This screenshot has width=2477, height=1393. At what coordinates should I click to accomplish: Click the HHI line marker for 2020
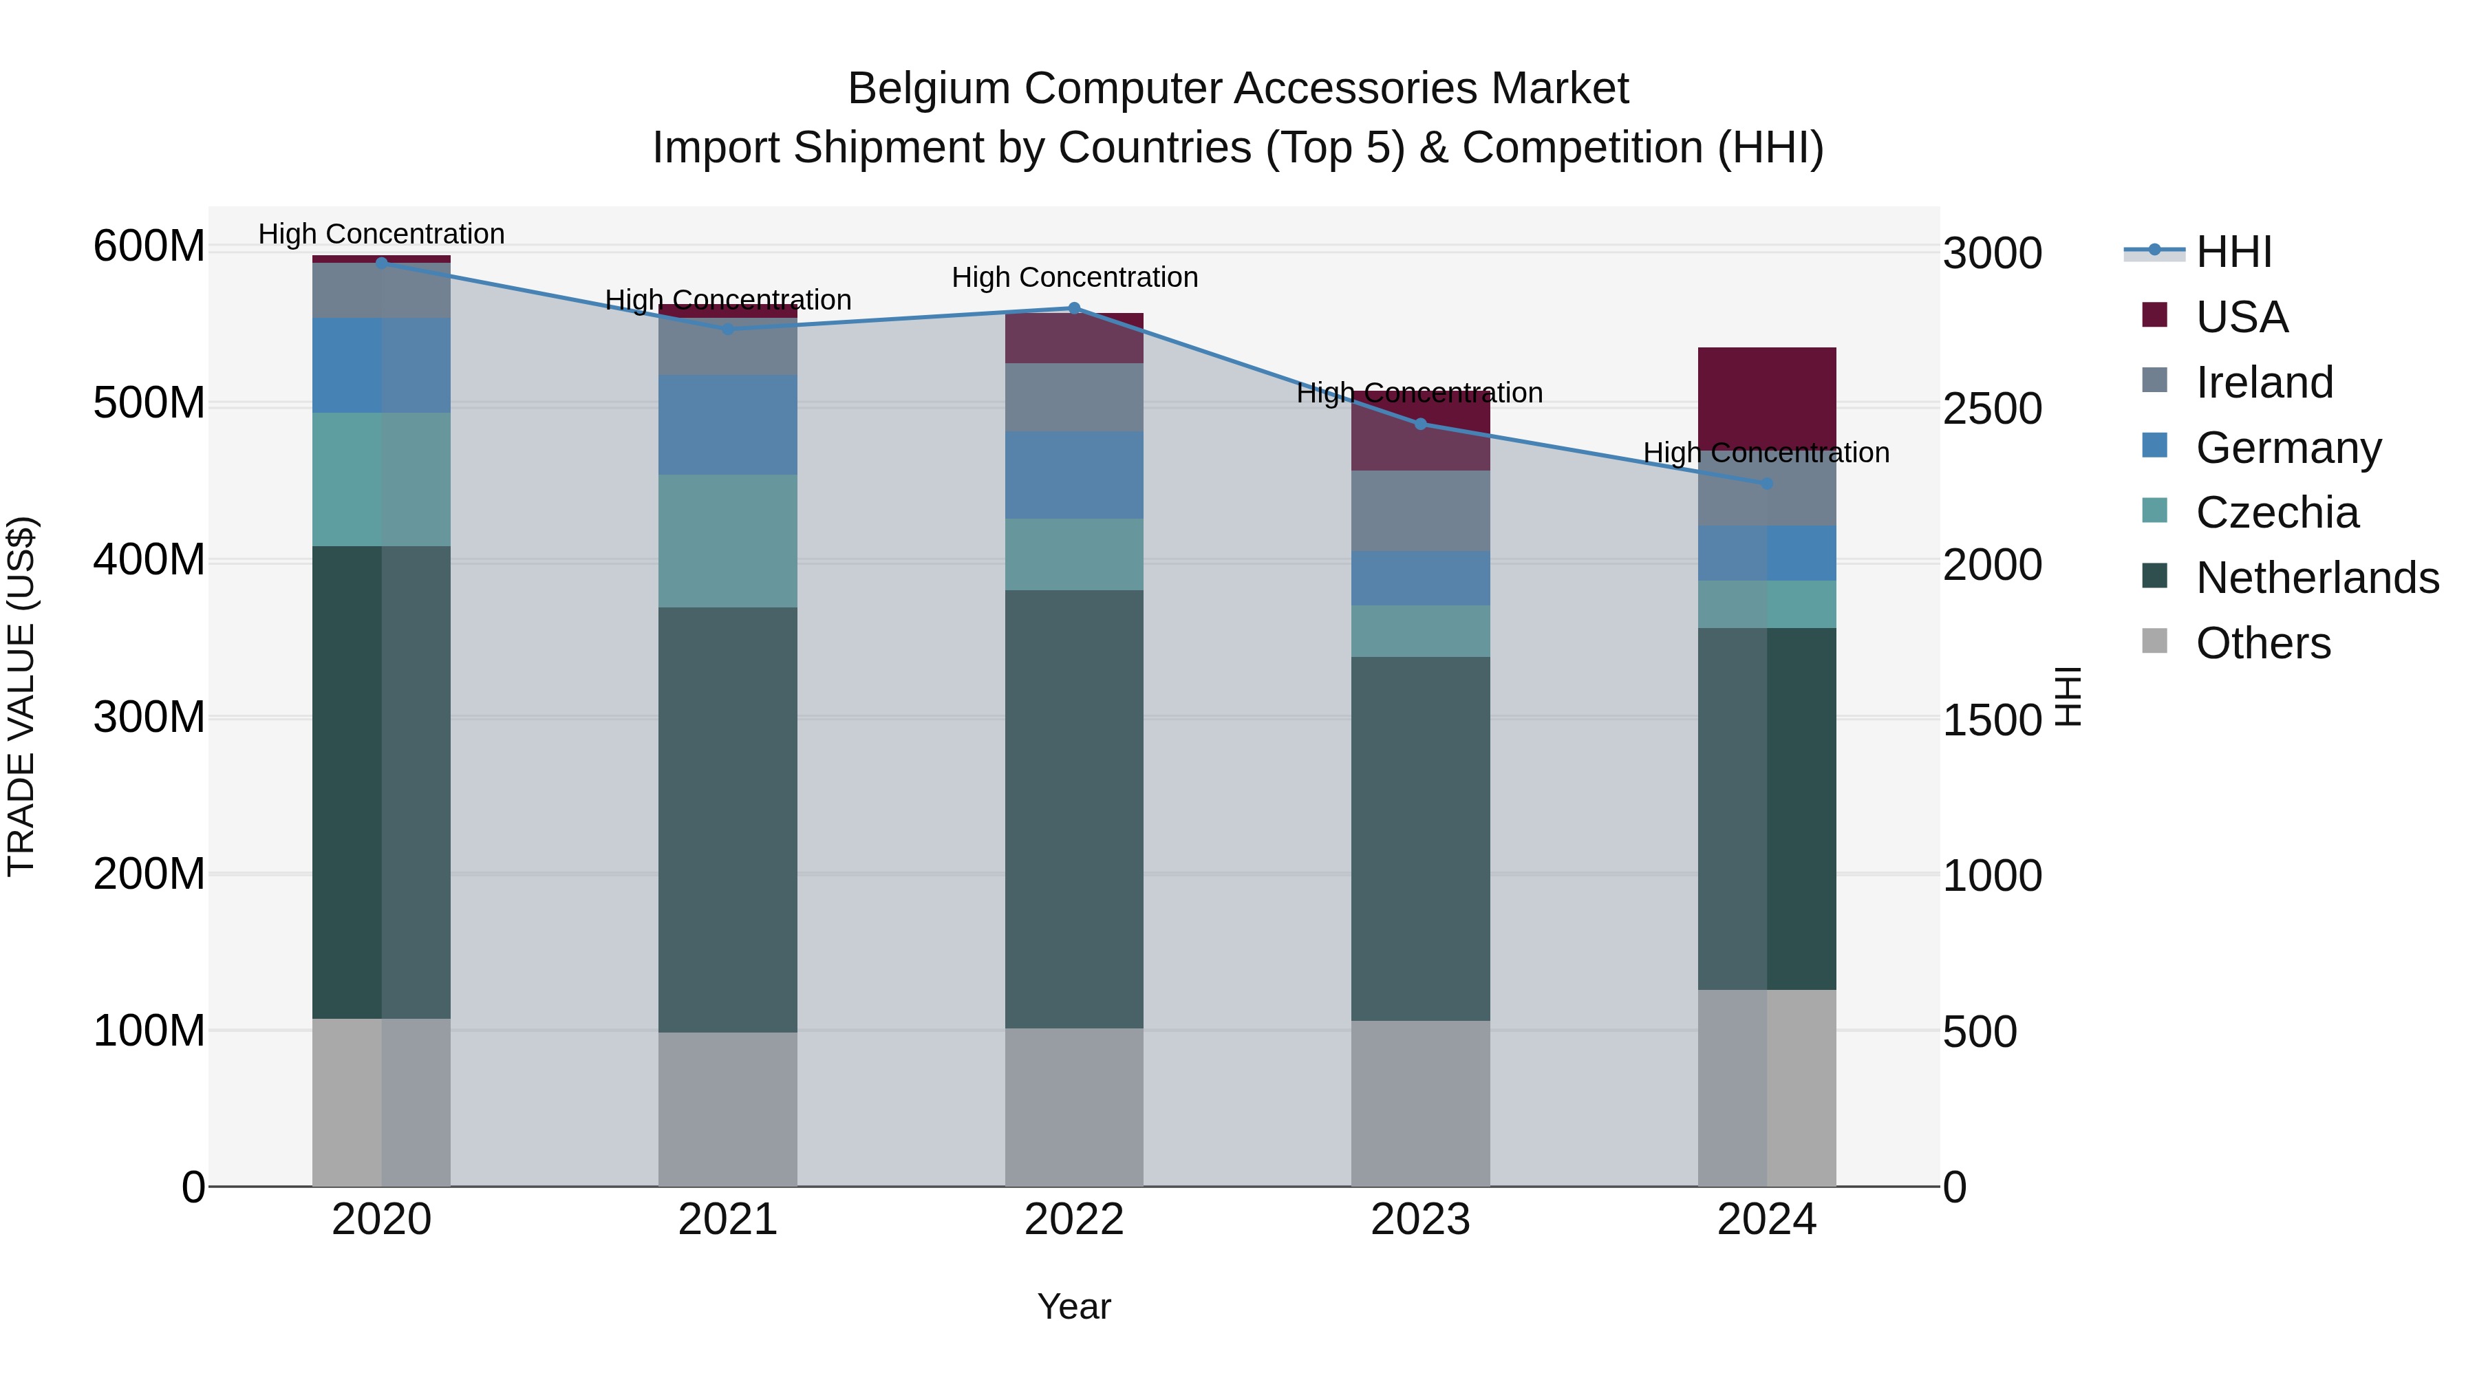382,263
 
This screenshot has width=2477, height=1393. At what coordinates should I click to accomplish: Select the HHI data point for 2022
1074,309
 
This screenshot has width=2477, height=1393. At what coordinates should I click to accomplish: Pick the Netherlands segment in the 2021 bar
728,819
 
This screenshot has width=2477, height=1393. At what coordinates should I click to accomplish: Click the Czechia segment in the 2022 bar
1074,554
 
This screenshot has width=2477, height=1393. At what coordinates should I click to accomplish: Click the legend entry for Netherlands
2317,578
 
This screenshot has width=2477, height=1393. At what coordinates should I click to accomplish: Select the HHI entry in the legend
2233,252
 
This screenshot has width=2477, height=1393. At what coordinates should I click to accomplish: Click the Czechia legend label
2277,512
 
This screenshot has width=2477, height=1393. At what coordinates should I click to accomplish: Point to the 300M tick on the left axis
149,717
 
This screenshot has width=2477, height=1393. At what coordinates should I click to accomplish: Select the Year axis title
1074,1306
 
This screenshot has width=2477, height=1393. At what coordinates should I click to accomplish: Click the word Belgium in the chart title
928,89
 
